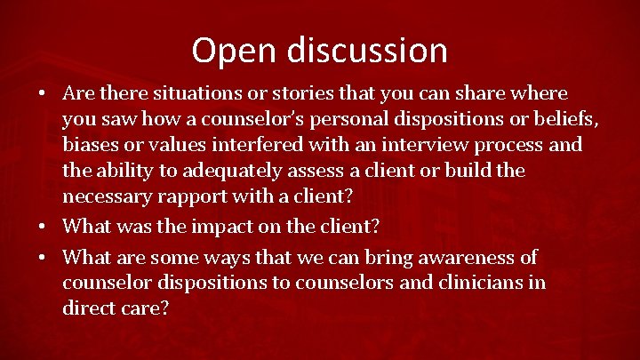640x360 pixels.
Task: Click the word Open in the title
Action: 229,50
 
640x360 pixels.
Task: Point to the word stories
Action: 293,92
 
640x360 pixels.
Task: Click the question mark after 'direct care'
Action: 164,308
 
